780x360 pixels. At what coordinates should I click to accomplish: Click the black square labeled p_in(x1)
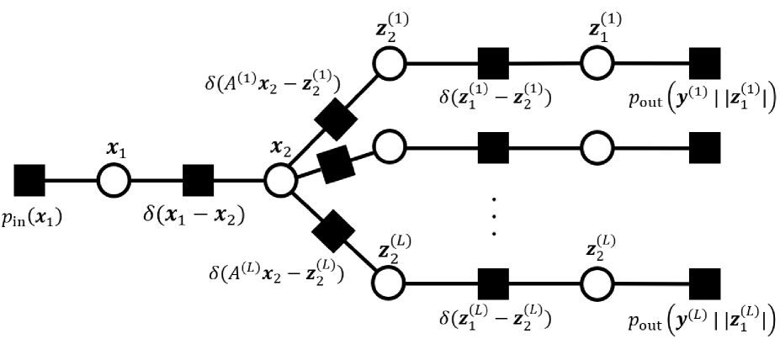pyautogui.click(x=29, y=180)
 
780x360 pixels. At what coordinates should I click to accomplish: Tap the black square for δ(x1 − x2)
pyautogui.click(x=198, y=180)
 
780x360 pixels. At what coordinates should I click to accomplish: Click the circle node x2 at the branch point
pyautogui.click(x=280, y=180)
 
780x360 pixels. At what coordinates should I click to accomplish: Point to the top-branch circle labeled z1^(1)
pyautogui.click(x=598, y=62)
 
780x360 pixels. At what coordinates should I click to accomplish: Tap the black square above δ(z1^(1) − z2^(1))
pyautogui.click(x=495, y=62)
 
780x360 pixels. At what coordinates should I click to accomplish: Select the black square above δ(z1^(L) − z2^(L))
pyautogui.click(x=495, y=282)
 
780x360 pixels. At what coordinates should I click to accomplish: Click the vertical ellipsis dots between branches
pyautogui.click(x=495, y=217)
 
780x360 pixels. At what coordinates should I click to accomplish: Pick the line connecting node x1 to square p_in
pyautogui.click(x=72, y=180)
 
